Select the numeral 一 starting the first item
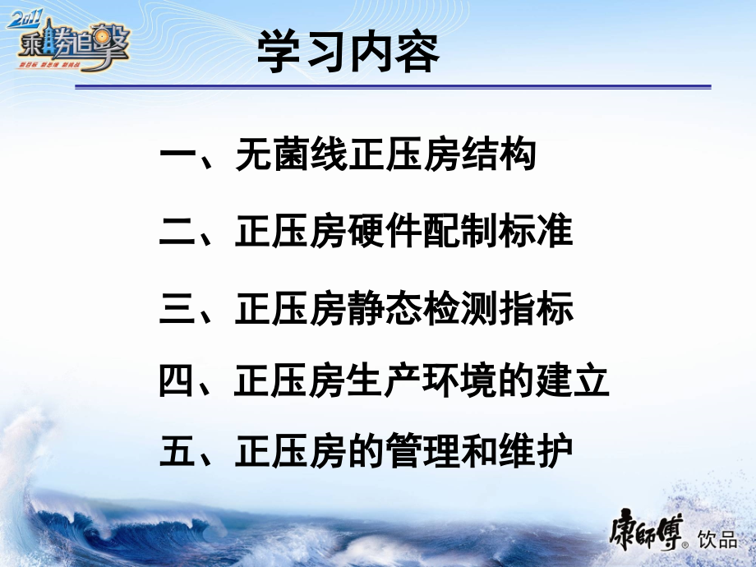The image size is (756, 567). tap(177, 156)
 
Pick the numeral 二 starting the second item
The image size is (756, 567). tap(177, 233)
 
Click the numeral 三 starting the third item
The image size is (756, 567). tap(177, 310)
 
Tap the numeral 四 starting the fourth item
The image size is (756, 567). tap(177, 382)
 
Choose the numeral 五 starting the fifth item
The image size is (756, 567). tap(177, 453)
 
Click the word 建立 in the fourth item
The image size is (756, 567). tap(572, 382)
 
